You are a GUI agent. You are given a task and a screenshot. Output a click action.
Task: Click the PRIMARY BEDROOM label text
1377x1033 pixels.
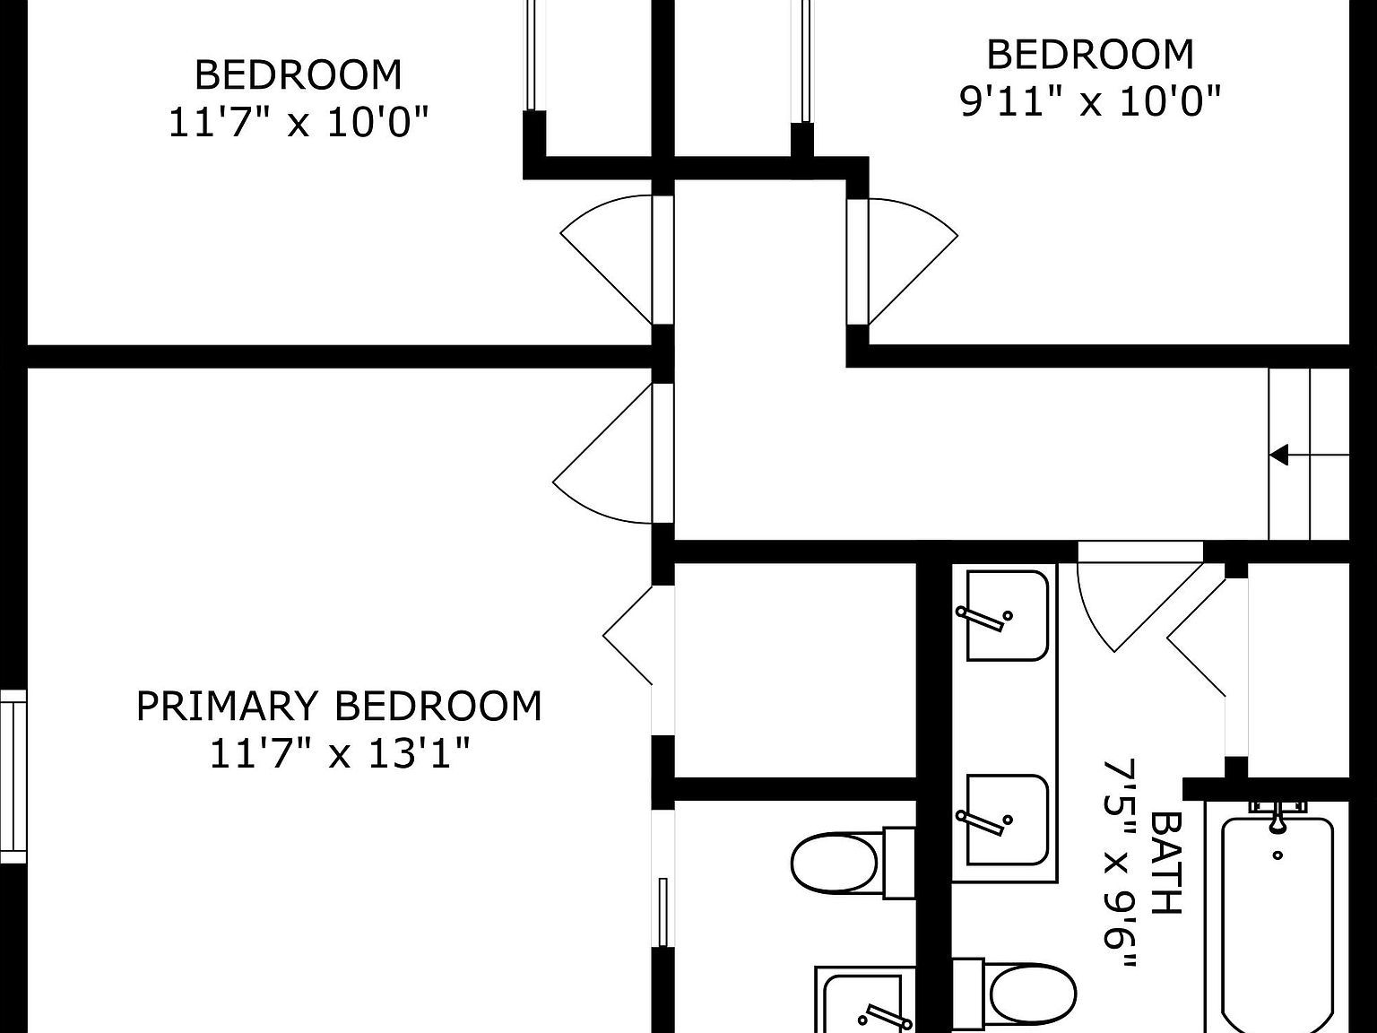pos(339,707)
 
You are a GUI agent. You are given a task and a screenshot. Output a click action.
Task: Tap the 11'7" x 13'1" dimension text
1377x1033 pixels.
pos(339,753)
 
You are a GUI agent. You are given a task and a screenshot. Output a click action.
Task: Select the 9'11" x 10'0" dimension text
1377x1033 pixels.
pos(1090,101)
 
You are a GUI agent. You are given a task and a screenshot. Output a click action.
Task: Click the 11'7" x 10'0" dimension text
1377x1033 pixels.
pos(299,121)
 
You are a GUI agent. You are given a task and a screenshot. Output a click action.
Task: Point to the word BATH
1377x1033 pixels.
pos(1165,863)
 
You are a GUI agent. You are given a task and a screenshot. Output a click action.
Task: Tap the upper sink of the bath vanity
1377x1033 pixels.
pos(1007,616)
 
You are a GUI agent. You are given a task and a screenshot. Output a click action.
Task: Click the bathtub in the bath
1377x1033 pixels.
pos(1277,924)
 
